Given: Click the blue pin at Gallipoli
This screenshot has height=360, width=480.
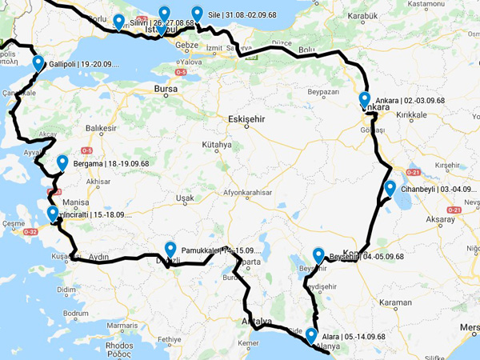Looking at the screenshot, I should click(38, 63).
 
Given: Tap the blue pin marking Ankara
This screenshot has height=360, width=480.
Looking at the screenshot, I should click(365, 100).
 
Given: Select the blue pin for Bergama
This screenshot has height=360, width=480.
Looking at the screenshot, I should click(62, 162).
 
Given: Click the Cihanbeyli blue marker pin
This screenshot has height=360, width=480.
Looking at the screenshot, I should click(390, 188).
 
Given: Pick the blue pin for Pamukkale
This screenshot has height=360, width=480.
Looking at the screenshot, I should click(170, 249).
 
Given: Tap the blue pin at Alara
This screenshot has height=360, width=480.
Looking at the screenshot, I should click(311, 335).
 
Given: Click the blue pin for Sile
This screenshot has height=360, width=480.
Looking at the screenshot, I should click(197, 13).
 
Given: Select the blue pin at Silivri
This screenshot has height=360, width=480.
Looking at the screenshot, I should click(118, 21).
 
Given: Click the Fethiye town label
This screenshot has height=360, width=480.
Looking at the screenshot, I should click(170, 339).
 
